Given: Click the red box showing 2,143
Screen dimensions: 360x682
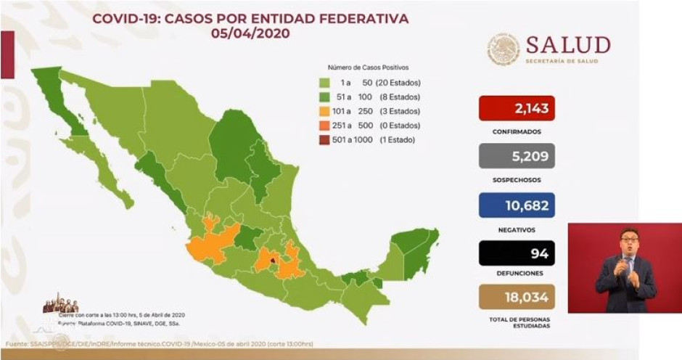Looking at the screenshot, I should [517, 109].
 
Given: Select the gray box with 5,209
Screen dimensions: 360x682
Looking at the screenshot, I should [517, 156].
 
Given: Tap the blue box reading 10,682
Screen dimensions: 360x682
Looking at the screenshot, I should [517, 205].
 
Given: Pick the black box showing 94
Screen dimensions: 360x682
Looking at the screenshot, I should [517, 253].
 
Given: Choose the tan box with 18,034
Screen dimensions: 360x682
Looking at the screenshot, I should [517, 296].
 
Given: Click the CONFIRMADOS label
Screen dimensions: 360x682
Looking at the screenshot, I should [517, 132].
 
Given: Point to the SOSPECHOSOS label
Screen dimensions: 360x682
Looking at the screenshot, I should [517, 179].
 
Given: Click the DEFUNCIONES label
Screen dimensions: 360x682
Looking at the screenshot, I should [517, 273].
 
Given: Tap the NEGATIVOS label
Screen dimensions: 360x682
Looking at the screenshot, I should [517, 229].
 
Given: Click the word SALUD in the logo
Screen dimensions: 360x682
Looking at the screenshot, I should [567, 45].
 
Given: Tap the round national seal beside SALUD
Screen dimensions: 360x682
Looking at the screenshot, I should [504, 49].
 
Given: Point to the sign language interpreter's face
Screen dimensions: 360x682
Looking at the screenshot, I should [628, 242].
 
